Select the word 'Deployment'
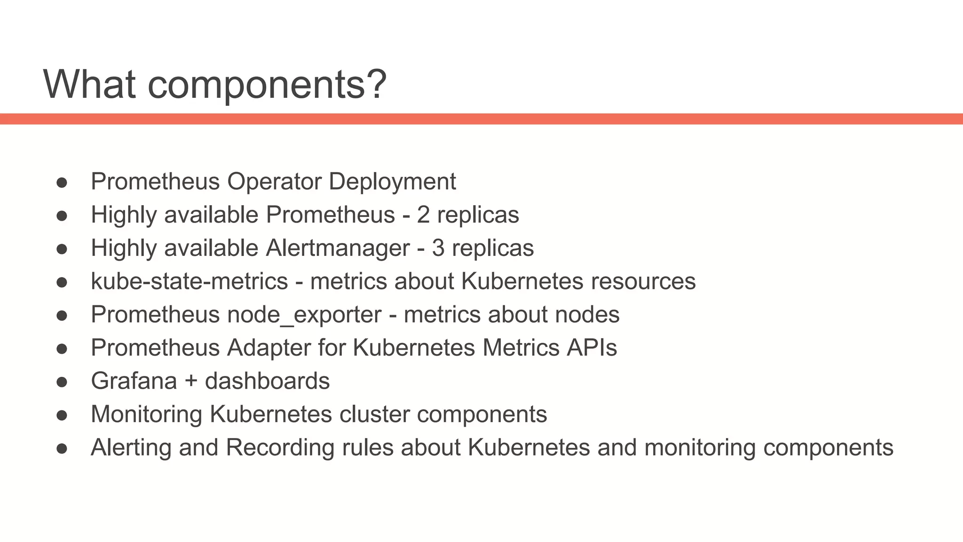[x=392, y=182]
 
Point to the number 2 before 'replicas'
[x=423, y=215]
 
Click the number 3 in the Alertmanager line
[x=438, y=248]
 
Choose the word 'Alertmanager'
[x=338, y=248]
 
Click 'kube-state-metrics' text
[x=189, y=281]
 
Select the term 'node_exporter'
[x=304, y=315]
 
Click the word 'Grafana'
[x=134, y=381]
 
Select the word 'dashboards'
[x=267, y=381]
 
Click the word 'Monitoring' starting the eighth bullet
[x=146, y=414]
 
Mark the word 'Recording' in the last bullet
[x=280, y=447]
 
